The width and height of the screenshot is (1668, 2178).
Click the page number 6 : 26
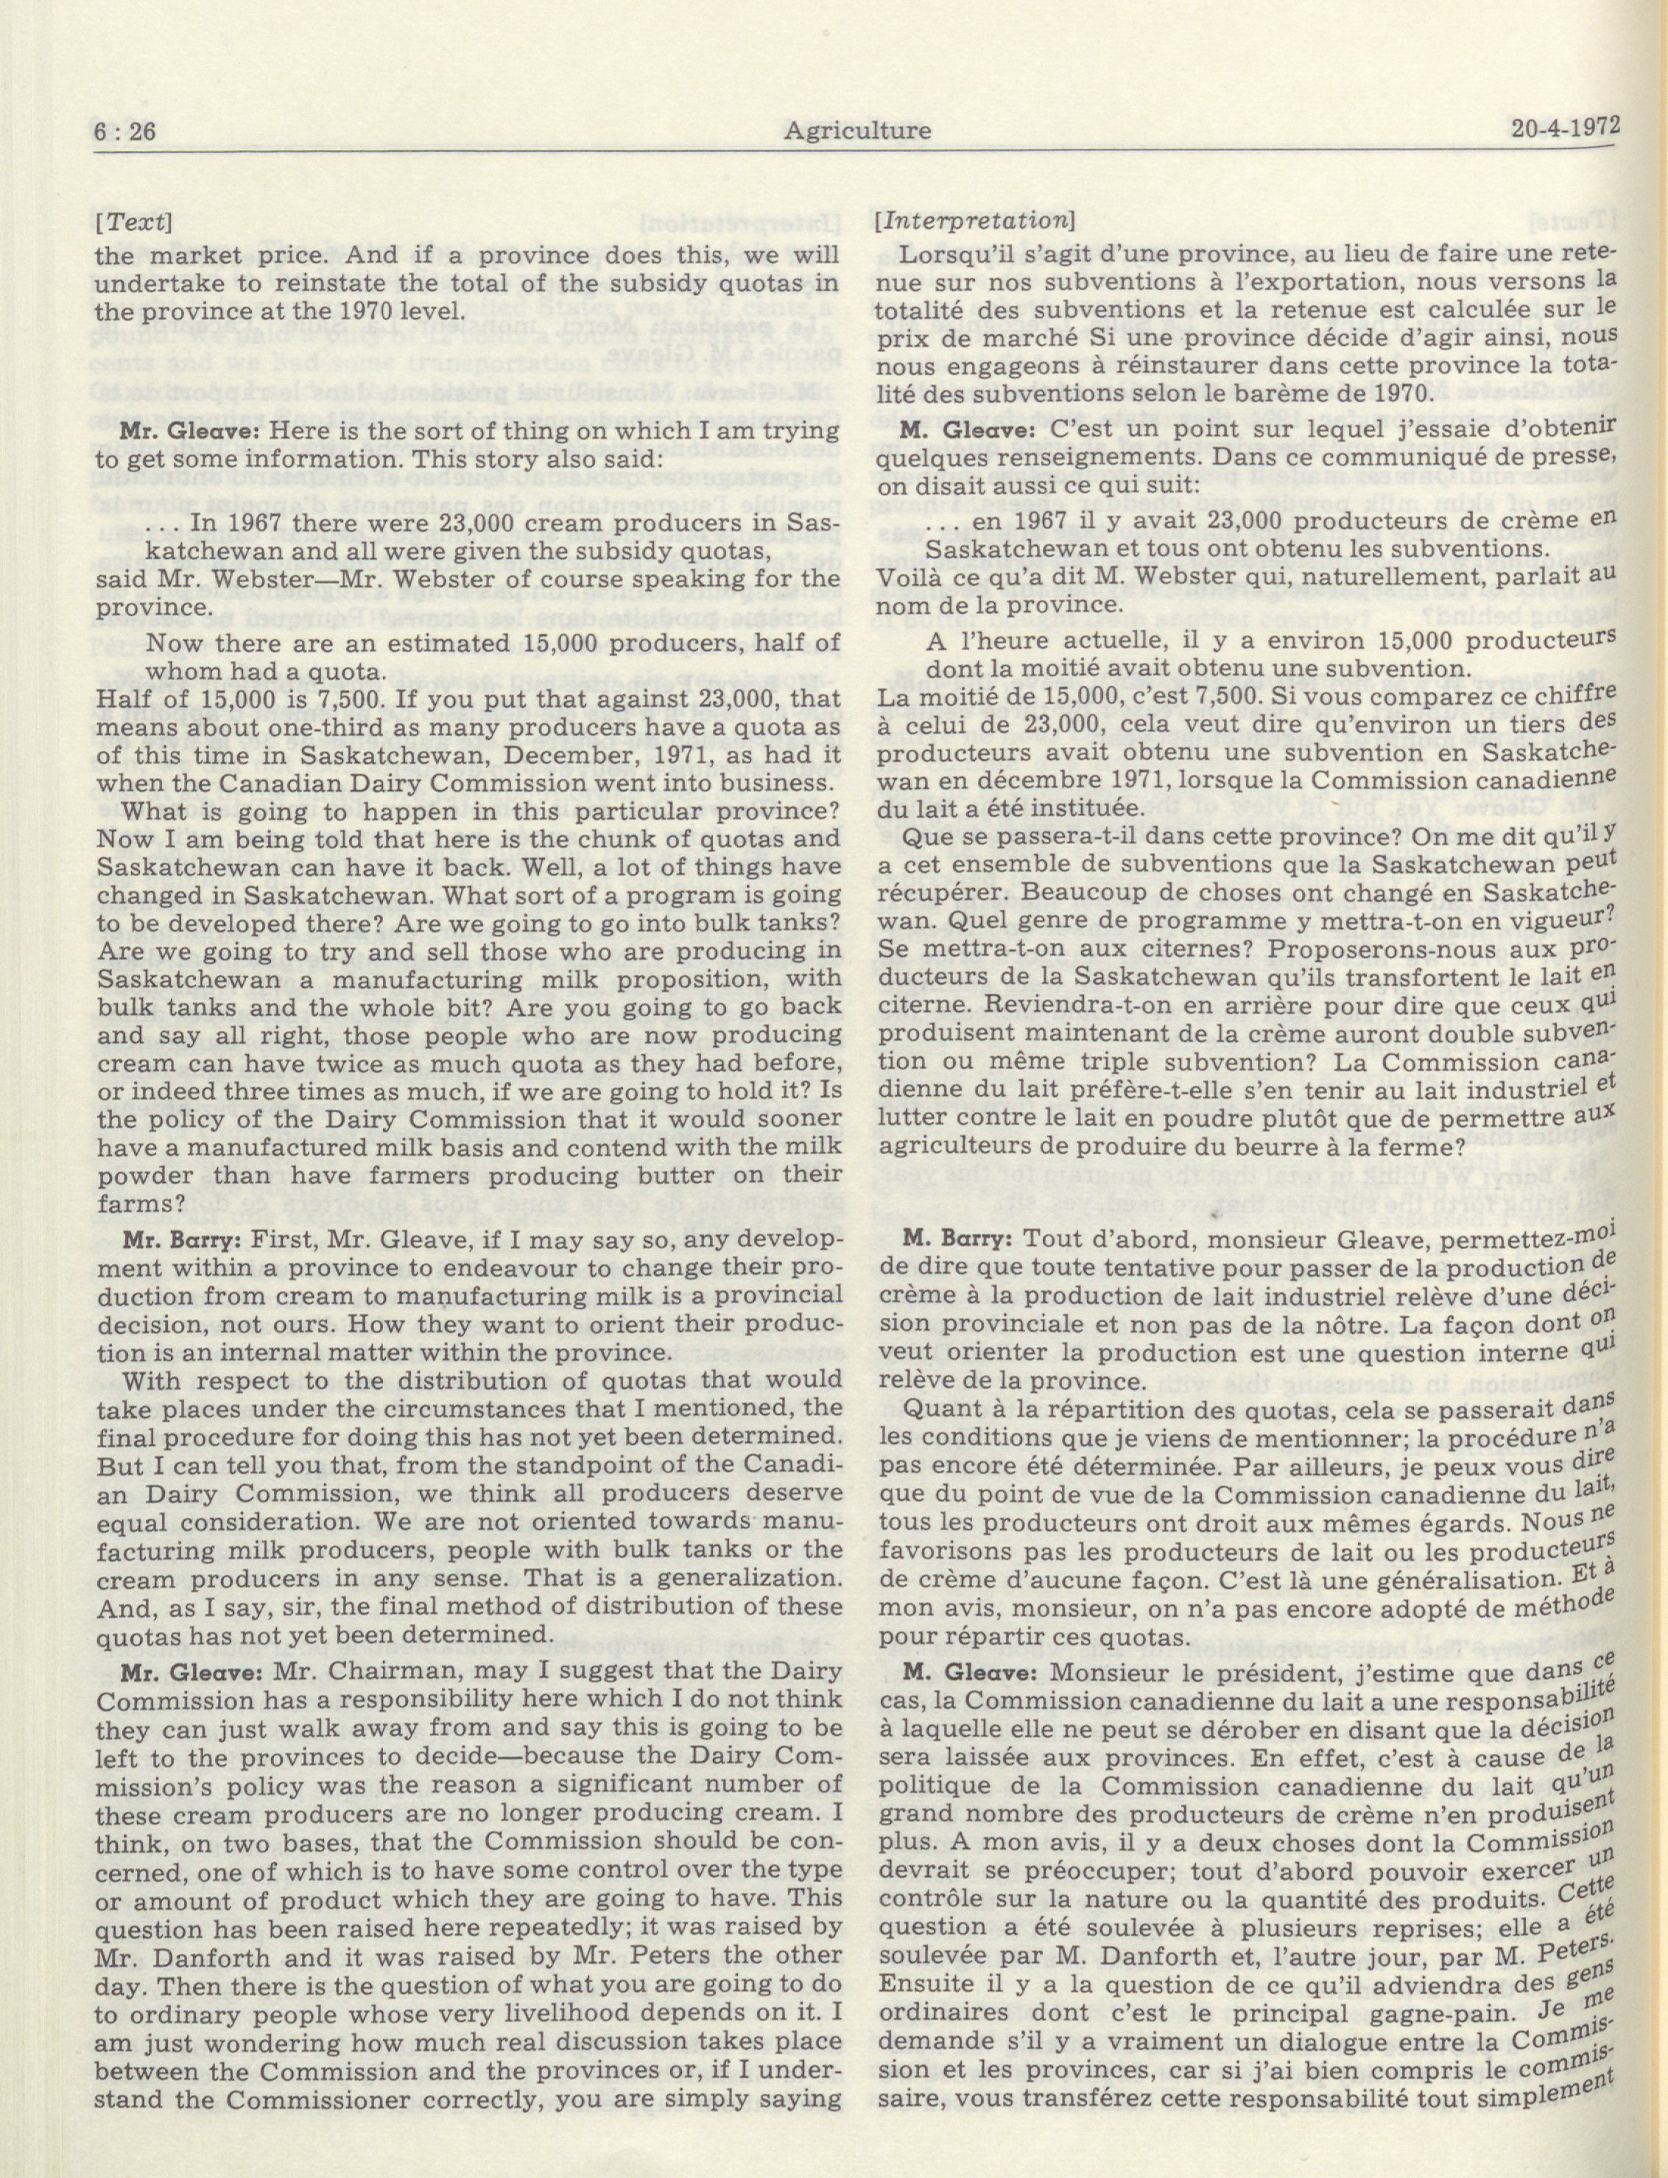[129, 131]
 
